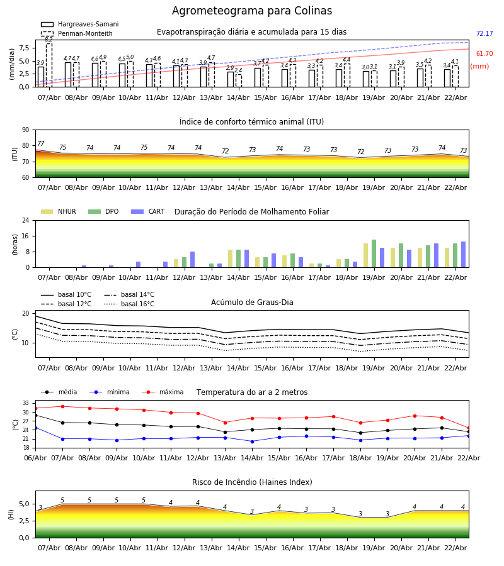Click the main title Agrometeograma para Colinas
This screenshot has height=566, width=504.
252,11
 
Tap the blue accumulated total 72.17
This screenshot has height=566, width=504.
484,34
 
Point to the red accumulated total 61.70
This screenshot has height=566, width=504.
484,54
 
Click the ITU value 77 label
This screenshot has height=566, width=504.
41,144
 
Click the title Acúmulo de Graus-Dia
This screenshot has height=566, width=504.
252,302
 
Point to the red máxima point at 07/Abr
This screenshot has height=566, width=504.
62,406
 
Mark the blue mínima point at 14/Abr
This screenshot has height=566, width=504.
252,441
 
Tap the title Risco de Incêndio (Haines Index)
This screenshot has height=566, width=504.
252,482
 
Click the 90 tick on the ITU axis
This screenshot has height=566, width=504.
25,130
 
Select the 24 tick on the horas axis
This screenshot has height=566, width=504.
25,220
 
